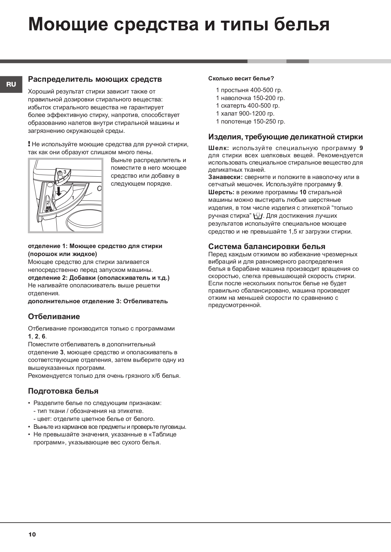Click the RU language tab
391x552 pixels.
click(x=11, y=84)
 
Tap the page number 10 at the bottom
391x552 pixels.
click(x=32, y=534)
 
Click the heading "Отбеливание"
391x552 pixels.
click(x=54, y=316)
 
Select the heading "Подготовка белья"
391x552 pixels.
click(x=63, y=391)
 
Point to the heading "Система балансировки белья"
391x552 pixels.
click(x=267, y=246)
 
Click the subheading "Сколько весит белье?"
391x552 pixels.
click(x=241, y=78)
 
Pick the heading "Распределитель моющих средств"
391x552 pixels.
click(x=95, y=79)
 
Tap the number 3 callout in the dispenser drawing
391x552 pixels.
click(x=65, y=171)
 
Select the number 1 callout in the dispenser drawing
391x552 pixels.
click(x=73, y=198)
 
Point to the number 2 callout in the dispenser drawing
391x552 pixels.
click(x=48, y=203)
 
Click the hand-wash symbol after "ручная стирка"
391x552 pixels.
click(x=258, y=216)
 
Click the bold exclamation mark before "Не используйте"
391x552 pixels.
click(x=29, y=144)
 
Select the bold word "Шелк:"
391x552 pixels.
click(x=218, y=148)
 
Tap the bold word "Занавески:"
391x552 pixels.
click(x=226, y=177)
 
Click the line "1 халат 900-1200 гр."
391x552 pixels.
click(x=245, y=114)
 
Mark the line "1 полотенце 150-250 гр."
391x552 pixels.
click(x=250, y=121)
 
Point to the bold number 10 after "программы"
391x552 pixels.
click(x=303, y=192)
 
